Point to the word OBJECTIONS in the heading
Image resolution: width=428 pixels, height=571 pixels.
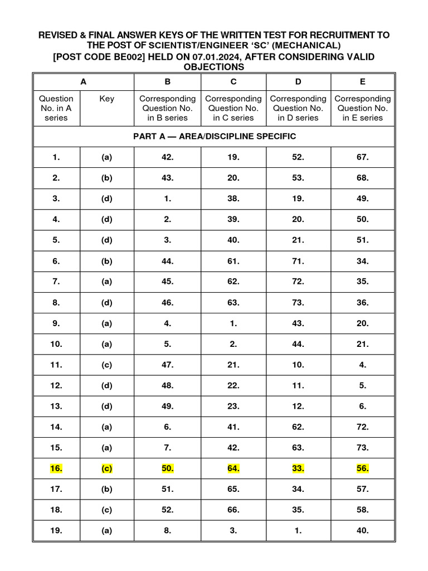[x=214, y=67]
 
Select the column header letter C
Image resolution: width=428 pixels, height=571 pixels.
[x=234, y=81]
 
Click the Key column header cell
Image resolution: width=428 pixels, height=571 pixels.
[x=106, y=99]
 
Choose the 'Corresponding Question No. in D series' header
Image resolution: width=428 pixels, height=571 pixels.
[x=298, y=108]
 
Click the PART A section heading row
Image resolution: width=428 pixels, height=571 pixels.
[x=214, y=136]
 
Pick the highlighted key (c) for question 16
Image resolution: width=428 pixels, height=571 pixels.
[x=106, y=469]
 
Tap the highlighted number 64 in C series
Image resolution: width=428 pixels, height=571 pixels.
[x=234, y=469]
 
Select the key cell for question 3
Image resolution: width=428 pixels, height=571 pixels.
[x=106, y=199]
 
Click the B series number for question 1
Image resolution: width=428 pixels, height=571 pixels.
[x=168, y=157]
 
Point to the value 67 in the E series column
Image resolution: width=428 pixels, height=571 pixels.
[x=363, y=157]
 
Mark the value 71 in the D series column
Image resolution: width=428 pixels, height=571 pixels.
[x=298, y=261]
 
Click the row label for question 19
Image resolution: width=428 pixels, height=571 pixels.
[x=56, y=531]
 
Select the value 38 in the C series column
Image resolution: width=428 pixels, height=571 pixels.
[x=234, y=199]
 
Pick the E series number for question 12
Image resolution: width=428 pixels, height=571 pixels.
[x=363, y=386]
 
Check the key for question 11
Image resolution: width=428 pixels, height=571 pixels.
[x=106, y=365]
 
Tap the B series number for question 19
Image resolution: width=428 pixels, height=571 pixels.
[x=168, y=531]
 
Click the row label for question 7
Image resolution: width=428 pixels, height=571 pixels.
[x=56, y=282]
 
